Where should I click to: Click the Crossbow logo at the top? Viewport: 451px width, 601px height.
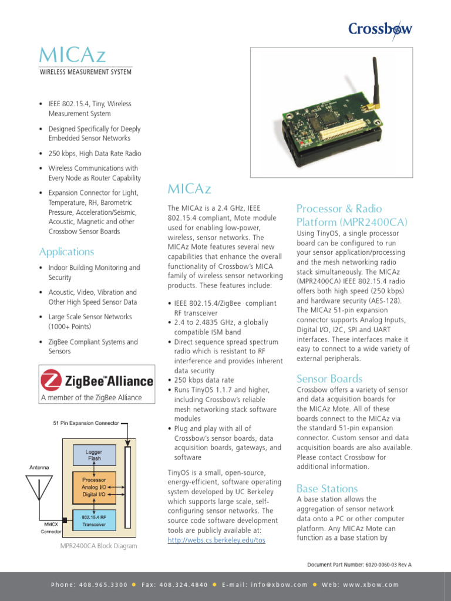click(x=380, y=29)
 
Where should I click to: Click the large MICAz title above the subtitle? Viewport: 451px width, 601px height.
click(x=72, y=55)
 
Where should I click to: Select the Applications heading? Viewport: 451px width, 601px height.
click(x=66, y=252)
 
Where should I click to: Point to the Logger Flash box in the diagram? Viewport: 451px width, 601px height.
click(x=94, y=455)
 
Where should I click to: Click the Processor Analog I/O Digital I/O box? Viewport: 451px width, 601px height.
click(x=94, y=487)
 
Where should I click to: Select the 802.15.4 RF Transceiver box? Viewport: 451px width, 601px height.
click(x=94, y=519)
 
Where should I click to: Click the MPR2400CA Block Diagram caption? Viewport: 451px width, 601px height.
click(x=99, y=546)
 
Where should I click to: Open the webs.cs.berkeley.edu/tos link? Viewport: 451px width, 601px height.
click(x=216, y=540)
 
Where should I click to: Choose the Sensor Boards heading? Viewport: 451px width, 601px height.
click(x=329, y=379)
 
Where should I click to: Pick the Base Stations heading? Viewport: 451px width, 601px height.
click(x=327, y=488)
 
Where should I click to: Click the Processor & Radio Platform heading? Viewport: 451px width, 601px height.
click(x=352, y=215)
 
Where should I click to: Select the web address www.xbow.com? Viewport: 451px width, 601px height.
click(x=369, y=585)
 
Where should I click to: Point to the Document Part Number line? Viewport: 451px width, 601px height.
click(x=359, y=565)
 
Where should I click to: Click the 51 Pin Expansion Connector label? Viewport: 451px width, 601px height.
click(x=86, y=423)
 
